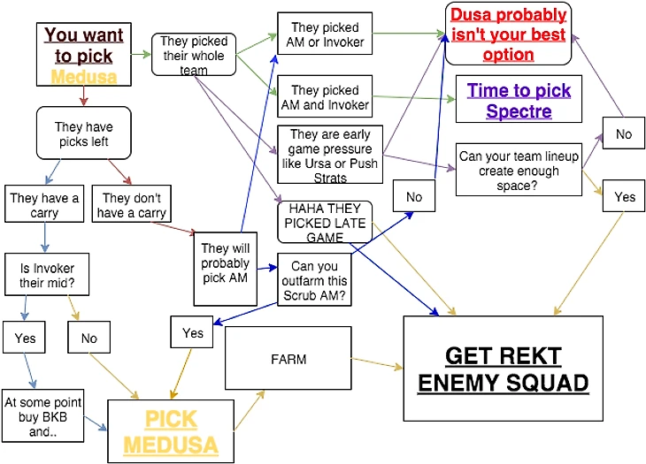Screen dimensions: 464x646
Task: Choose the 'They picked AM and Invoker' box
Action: click(324, 97)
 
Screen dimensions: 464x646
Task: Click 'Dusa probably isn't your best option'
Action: click(508, 34)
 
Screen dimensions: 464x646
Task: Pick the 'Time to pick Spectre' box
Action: click(519, 100)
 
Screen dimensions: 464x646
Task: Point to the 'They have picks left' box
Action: click(84, 133)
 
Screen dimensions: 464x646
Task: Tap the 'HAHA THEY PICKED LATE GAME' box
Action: click(324, 221)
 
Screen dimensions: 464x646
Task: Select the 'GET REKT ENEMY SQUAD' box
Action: click(503, 369)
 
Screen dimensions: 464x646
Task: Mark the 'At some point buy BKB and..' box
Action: click(43, 415)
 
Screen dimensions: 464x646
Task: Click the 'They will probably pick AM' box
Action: click(226, 262)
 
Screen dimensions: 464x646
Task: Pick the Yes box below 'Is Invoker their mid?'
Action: click(26, 338)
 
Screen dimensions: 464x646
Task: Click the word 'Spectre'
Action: click(519, 111)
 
